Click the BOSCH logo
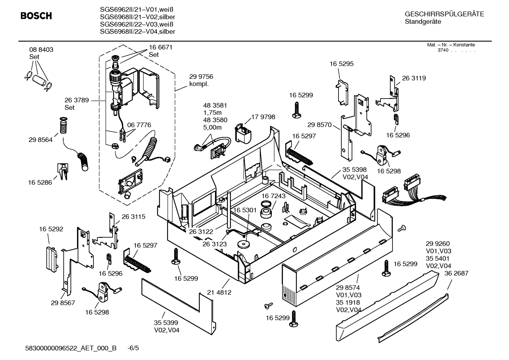click(x=36, y=16)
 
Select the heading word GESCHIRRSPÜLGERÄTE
click(x=444, y=14)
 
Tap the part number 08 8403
click(x=41, y=50)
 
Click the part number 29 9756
click(x=201, y=77)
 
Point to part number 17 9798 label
click(x=263, y=117)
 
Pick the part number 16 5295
click(x=341, y=64)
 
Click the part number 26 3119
click(x=414, y=78)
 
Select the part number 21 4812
click(x=219, y=293)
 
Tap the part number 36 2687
click(x=456, y=273)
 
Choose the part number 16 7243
click(x=274, y=196)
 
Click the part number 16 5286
click(x=40, y=182)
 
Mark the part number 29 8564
click(x=41, y=140)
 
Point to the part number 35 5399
click(x=166, y=323)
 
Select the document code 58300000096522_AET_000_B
click(x=71, y=348)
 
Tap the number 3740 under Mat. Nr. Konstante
click(x=443, y=50)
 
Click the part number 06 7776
click(x=139, y=125)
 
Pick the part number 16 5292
click(x=51, y=229)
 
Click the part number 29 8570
click(x=319, y=125)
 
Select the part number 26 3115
click(x=133, y=217)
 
